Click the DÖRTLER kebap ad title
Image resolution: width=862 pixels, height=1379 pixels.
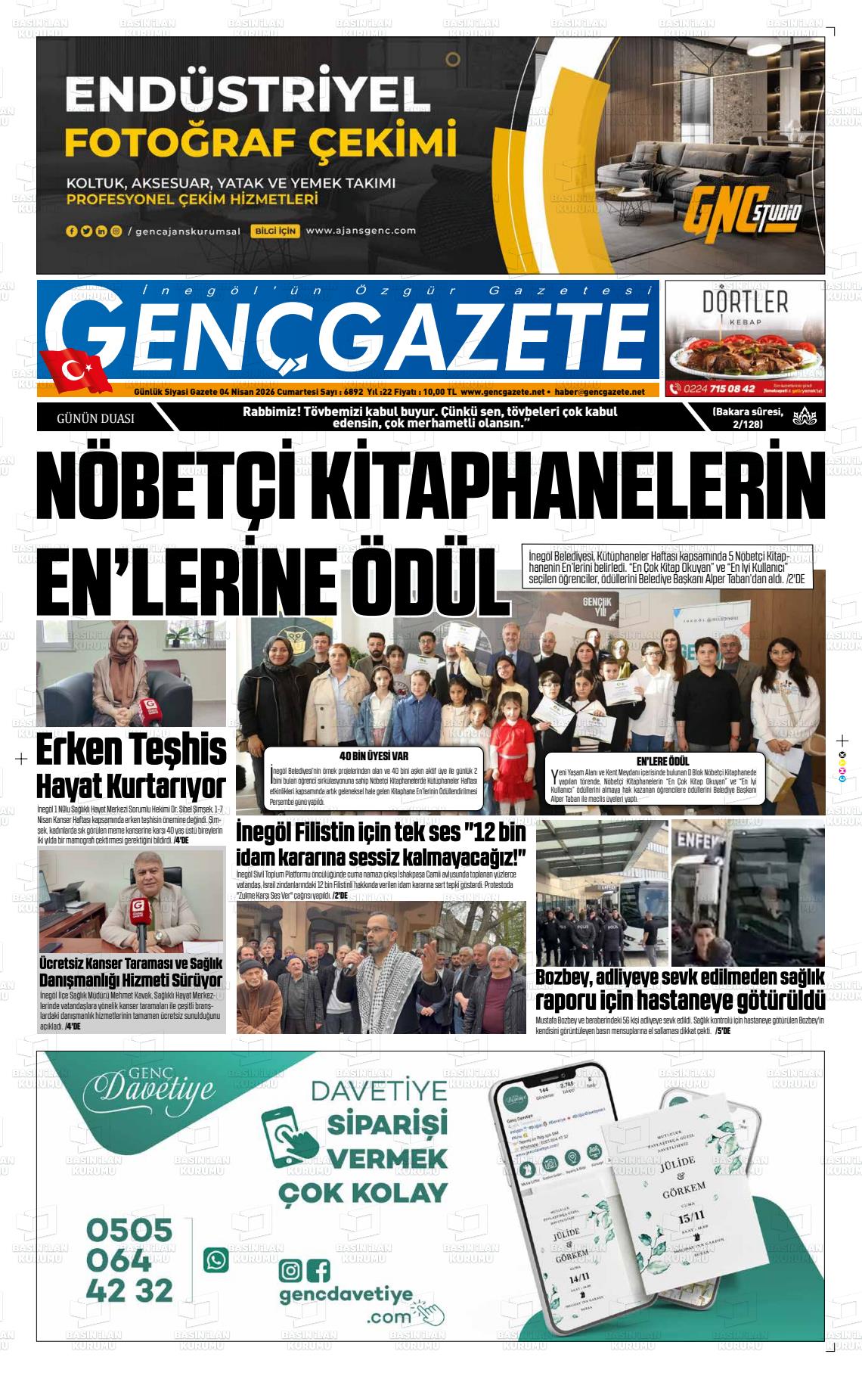click(745, 303)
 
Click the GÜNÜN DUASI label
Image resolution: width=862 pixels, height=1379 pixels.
click(96, 418)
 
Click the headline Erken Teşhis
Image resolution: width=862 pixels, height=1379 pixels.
click(131, 750)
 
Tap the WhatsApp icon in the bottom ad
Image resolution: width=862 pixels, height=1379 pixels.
click(215, 1259)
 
